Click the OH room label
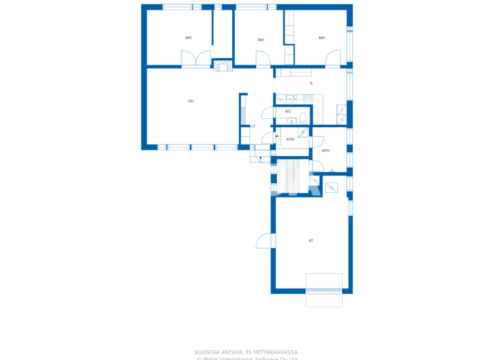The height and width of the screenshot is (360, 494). (191, 101)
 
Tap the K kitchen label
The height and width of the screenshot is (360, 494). (311, 84)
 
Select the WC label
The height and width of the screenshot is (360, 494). (288, 111)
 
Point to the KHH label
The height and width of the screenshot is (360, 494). (291, 139)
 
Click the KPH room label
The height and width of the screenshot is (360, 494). (325, 150)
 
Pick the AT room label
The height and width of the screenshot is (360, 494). (311, 240)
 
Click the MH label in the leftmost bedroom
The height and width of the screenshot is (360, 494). (188, 38)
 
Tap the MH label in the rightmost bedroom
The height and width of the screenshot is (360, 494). (322, 38)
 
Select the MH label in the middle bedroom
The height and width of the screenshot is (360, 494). (261, 40)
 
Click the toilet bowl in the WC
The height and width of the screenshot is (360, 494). (302, 117)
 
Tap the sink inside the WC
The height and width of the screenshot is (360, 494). (291, 121)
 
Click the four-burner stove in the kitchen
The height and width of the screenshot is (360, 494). (308, 98)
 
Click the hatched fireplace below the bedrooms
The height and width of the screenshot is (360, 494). (223, 65)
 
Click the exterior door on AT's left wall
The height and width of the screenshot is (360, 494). (264, 240)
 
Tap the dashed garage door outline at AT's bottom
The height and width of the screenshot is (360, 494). (324, 290)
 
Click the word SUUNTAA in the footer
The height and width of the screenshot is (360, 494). (206, 352)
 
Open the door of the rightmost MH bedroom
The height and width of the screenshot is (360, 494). (333, 59)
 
